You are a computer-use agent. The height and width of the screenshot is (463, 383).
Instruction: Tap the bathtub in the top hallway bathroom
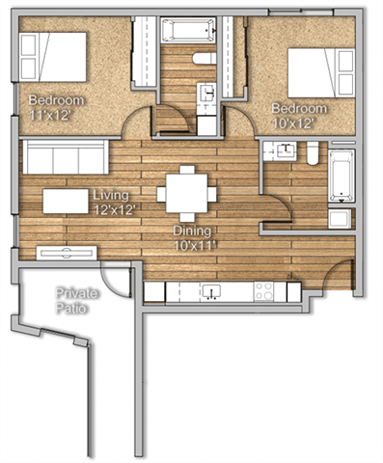[189, 30]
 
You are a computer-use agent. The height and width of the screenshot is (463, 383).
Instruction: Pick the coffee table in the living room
[72, 200]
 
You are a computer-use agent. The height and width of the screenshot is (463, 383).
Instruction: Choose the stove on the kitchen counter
[262, 290]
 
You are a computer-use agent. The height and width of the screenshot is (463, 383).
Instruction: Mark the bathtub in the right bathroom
[341, 176]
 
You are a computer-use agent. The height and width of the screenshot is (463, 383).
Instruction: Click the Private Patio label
[73, 299]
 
